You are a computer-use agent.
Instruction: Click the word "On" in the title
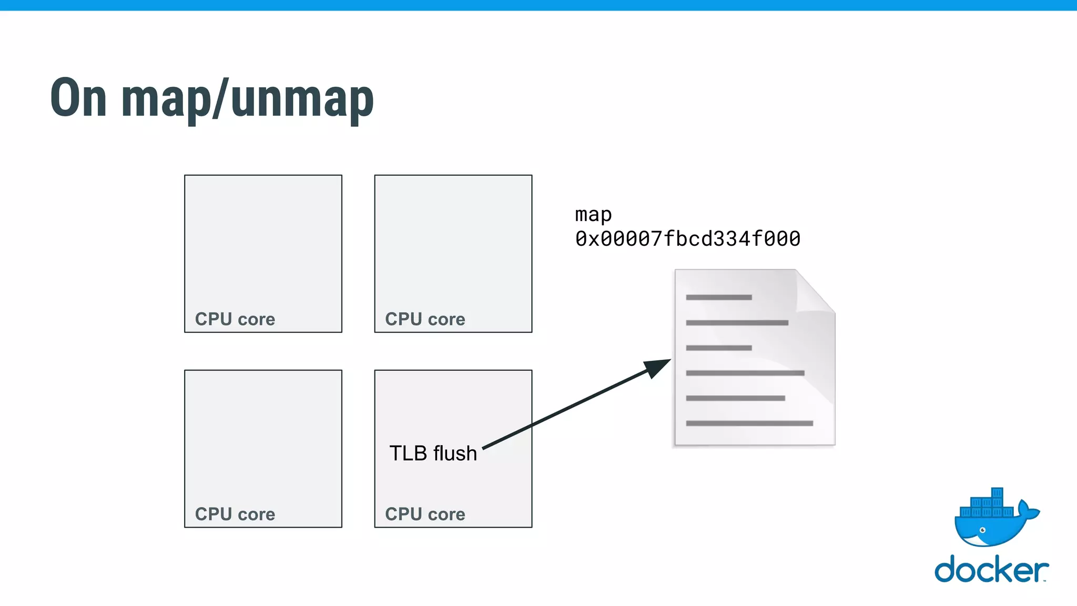point(79,98)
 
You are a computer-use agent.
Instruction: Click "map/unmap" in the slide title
point(247,100)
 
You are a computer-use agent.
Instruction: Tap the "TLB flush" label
point(433,453)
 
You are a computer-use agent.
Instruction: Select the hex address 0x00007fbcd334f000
point(687,239)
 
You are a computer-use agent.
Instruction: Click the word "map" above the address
point(593,215)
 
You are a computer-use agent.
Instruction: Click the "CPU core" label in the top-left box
point(235,319)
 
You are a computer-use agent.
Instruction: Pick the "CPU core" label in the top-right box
point(425,319)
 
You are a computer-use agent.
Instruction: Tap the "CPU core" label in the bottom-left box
point(235,514)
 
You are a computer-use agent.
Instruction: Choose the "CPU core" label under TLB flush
point(425,514)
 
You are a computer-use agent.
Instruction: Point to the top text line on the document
point(718,298)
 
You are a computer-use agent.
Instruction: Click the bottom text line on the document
point(749,423)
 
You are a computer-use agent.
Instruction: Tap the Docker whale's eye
point(982,530)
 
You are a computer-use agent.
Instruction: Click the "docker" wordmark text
point(991,570)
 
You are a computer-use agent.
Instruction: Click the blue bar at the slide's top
point(538,5)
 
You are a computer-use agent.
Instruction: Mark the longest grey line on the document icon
point(749,423)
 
